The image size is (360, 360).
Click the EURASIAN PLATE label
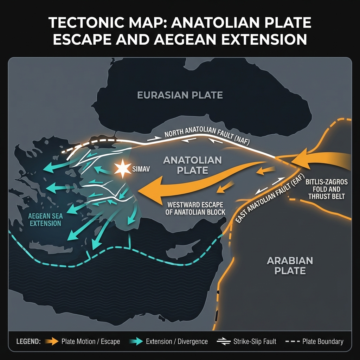tap(180, 95)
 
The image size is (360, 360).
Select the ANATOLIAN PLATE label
tap(193, 165)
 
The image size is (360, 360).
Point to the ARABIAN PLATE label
tap(285, 265)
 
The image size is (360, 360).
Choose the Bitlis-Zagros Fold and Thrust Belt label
tap(327, 189)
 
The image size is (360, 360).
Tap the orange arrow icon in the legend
tap(51, 341)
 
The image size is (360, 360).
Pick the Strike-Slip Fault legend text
tap(255, 341)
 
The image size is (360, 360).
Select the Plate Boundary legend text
tap(321, 341)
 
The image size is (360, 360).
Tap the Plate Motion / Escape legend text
tap(91, 341)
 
